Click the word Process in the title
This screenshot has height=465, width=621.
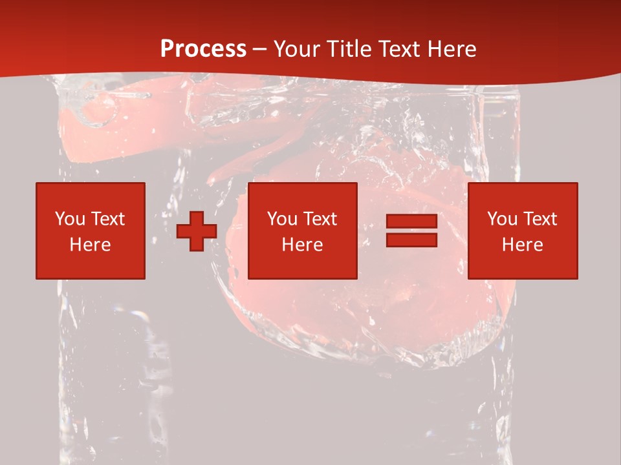[203, 48]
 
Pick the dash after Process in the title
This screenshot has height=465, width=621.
[260, 50]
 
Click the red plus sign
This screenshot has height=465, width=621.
[197, 231]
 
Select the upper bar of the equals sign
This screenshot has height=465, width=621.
[411, 222]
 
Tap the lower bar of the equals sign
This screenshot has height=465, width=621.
[411, 240]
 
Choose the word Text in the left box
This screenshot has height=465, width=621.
[107, 219]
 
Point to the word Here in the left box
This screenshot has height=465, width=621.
[90, 245]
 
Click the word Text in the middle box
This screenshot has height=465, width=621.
[320, 219]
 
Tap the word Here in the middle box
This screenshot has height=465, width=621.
[303, 245]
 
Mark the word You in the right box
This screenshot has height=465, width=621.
[502, 219]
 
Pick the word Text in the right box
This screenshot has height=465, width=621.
[539, 219]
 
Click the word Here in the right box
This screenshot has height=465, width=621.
[523, 245]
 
